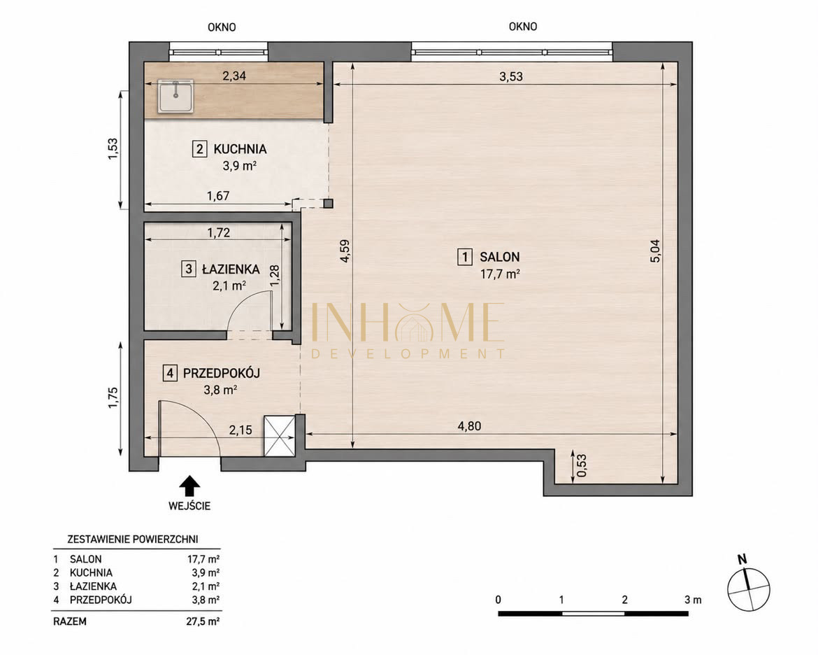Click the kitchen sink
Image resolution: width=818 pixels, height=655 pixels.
(x=176, y=96)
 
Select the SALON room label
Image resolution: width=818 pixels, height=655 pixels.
(x=499, y=257)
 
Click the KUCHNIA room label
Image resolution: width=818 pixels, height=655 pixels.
(x=240, y=149)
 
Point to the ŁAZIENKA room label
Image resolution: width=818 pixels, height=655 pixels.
(x=231, y=269)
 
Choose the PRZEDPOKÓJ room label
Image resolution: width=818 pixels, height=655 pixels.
(x=221, y=374)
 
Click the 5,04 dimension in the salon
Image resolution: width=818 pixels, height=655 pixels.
(x=655, y=251)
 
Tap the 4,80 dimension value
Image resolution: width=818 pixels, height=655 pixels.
(x=469, y=426)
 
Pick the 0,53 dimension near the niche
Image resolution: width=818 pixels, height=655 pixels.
(x=582, y=465)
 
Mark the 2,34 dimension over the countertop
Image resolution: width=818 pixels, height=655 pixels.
(x=234, y=76)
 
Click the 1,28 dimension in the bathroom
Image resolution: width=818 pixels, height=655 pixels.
(x=274, y=275)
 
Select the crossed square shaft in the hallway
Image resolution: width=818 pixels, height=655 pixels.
(x=280, y=436)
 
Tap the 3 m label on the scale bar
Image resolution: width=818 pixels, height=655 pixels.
(x=693, y=600)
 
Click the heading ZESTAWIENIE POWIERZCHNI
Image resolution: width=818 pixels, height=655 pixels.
(x=133, y=539)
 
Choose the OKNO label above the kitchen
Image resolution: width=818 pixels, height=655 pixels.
(x=222, y=27)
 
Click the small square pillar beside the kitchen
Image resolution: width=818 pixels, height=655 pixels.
(x=328, y=204)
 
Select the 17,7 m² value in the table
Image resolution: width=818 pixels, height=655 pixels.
(x=203, y=559)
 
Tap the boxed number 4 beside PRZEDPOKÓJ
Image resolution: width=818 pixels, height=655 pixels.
(x=169, y=374)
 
